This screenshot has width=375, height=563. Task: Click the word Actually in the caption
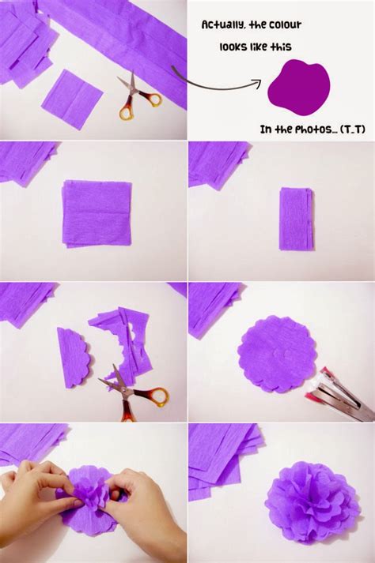222,25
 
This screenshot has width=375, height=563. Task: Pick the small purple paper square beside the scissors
72,98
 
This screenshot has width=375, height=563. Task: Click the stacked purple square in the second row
97,212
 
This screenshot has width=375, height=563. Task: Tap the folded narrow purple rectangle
296,218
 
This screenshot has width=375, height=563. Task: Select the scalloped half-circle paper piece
73,356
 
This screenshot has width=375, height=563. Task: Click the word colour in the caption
282,25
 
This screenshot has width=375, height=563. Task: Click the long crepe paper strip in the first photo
127,39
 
